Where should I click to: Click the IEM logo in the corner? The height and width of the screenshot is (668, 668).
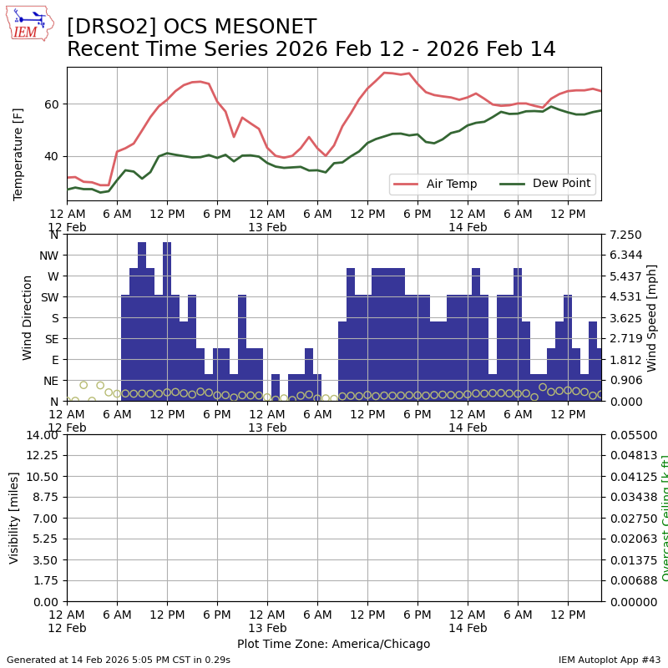tap(29, 23)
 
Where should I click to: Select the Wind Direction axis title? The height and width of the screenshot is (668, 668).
tap(28, 317)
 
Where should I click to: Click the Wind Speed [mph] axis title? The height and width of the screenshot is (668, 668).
tap(652, 317)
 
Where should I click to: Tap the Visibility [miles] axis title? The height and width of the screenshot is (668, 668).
tap(14, 518)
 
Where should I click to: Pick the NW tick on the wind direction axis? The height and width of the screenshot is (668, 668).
tap(49, 256)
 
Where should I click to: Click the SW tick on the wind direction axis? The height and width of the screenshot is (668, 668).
tap(49, 297)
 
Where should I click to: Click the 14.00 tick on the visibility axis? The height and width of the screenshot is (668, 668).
tap(43, 434)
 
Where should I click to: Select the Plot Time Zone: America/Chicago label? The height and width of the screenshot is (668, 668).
tap(333, 644)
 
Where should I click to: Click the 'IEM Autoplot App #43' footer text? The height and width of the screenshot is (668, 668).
tap(610, 660)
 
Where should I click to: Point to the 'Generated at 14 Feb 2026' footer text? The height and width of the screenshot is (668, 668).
tap(118, 660)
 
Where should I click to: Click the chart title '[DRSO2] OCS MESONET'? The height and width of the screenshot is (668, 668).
tap(191, 28)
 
